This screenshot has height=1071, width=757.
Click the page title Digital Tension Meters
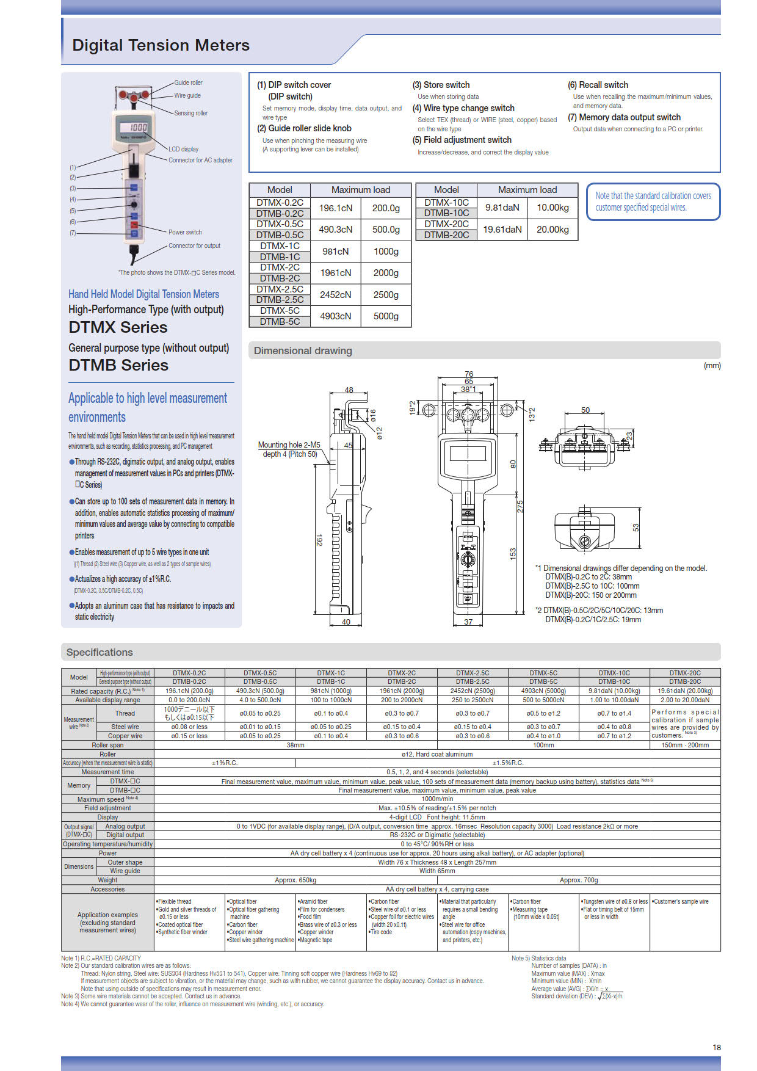[x=161, y=45]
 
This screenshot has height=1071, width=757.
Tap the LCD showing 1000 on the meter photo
[x=137, y=127]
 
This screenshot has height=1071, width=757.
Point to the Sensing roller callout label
[x=190, y=113]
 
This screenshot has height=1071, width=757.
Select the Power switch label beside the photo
[x=185, y=232]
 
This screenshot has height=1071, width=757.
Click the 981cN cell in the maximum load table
[x=335, y=252]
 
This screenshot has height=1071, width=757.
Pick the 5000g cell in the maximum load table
[x=386, y=316]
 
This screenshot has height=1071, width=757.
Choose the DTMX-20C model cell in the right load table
[x=446, y=224]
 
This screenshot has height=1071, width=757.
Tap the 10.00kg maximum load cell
[x=552, y=208]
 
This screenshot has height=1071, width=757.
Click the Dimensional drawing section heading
[x=303, y=350]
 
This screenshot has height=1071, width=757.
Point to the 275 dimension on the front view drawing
[x=520, y=506]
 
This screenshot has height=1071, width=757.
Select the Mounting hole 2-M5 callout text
[x=289, y=445]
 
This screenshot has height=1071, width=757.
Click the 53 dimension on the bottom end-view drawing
[x=636, y=527]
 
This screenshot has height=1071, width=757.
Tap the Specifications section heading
[x=100, y=652]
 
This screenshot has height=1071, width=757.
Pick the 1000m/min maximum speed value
[x=437, y=799]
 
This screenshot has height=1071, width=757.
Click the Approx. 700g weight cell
[x=578, y=880]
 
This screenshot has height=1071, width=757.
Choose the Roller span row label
[x=107, y=745]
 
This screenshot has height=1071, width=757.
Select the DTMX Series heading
[x=118, y=327]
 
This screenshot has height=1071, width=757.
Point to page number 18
[x=717, y=1047]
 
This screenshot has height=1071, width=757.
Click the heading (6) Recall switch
[x=598, y=85]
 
